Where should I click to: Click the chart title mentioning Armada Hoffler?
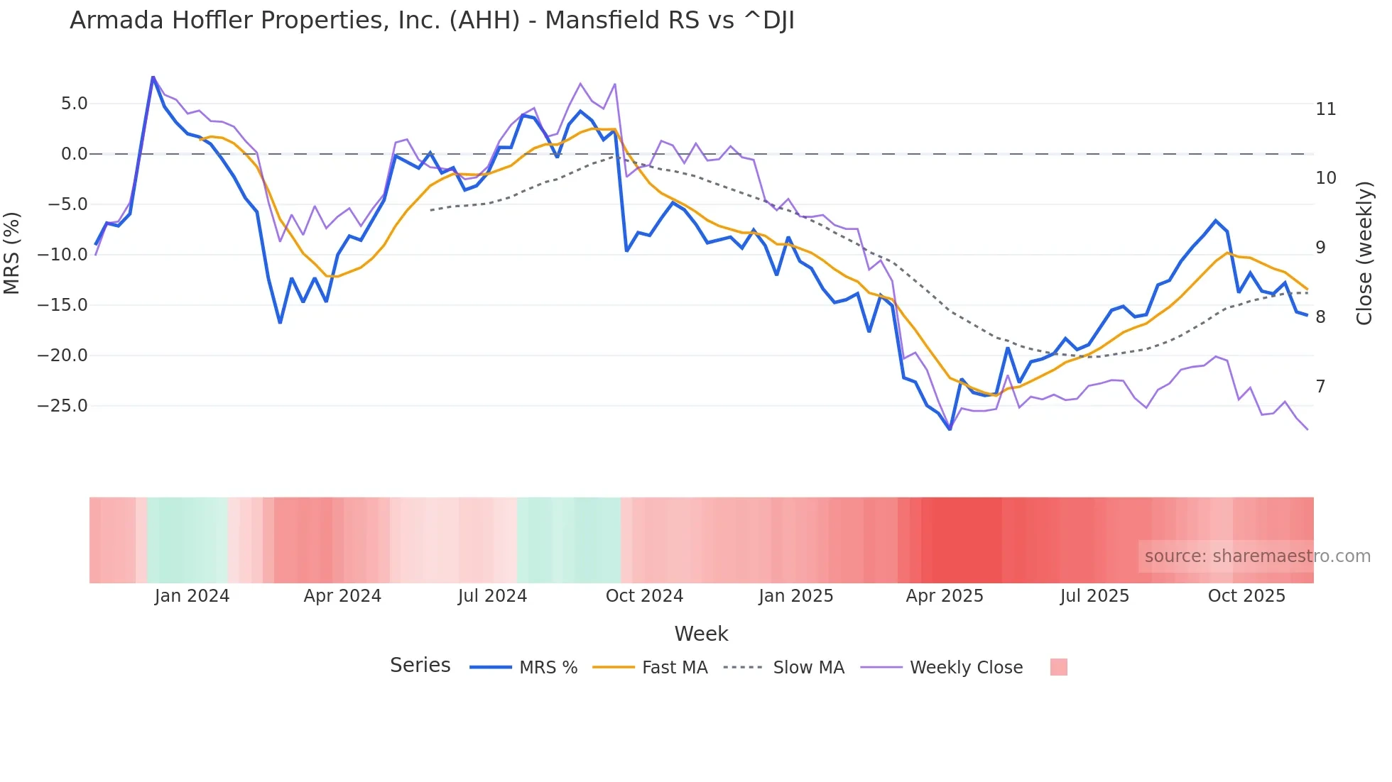432,21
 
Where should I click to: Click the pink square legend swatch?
1058,667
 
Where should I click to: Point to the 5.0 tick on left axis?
74,104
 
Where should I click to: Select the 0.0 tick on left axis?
74,154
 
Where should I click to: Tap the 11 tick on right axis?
1325,109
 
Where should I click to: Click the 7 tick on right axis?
1320,387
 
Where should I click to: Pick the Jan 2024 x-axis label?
192,596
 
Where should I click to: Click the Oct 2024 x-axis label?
644,596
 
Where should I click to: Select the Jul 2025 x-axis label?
1094,596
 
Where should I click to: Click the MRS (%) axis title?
12,253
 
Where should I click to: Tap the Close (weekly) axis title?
1364,253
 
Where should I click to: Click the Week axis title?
701,634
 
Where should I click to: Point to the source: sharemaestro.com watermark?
1257,556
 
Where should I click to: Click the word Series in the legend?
420,666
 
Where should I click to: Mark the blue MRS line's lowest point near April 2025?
950,429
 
